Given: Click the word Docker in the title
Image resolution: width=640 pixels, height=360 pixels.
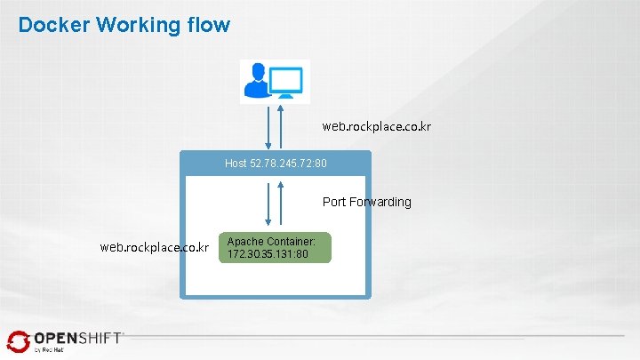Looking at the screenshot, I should [52, 24].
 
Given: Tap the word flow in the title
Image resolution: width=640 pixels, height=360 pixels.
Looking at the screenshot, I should [209, 24].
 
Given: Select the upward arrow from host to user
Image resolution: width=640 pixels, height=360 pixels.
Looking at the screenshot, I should [281, 127].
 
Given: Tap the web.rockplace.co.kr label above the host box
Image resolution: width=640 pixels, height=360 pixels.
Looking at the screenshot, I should [377, 127].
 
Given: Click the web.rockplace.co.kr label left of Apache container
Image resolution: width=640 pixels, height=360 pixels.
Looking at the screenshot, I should [155, 246].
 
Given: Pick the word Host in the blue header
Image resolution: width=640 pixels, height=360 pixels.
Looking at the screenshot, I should [236, 164].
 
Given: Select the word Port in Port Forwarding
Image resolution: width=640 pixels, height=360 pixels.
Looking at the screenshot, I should [334, 202].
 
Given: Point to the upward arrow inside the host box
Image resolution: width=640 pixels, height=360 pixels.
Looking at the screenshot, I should [281, 204].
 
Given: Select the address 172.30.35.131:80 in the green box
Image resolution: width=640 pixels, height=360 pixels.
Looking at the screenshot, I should [268, 254].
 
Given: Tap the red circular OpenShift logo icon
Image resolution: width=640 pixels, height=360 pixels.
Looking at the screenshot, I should [18, 341].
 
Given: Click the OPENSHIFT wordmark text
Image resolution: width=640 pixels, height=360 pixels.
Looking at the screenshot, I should [78, 339].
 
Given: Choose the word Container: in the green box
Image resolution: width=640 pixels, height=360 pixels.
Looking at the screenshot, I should [297, 242].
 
